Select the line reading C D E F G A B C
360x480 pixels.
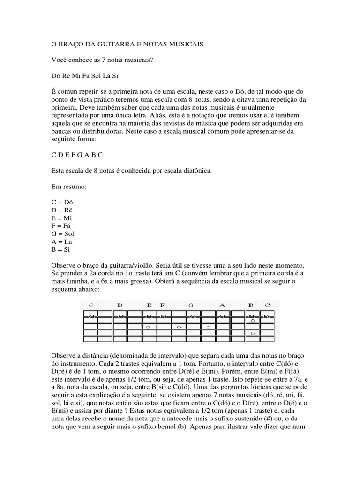pos(76,155)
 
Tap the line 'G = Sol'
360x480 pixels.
pos(63,233)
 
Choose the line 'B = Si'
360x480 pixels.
pos(61,249)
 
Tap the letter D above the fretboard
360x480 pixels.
pos(120,305)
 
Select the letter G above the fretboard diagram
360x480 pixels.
pos(191,305)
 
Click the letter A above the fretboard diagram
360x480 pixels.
pos(222,305)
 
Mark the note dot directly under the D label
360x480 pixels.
pos(121,316)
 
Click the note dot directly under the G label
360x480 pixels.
pos(192,316)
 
